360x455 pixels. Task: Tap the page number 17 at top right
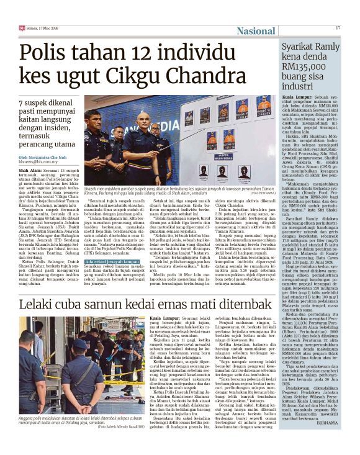(x=338, y=28)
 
